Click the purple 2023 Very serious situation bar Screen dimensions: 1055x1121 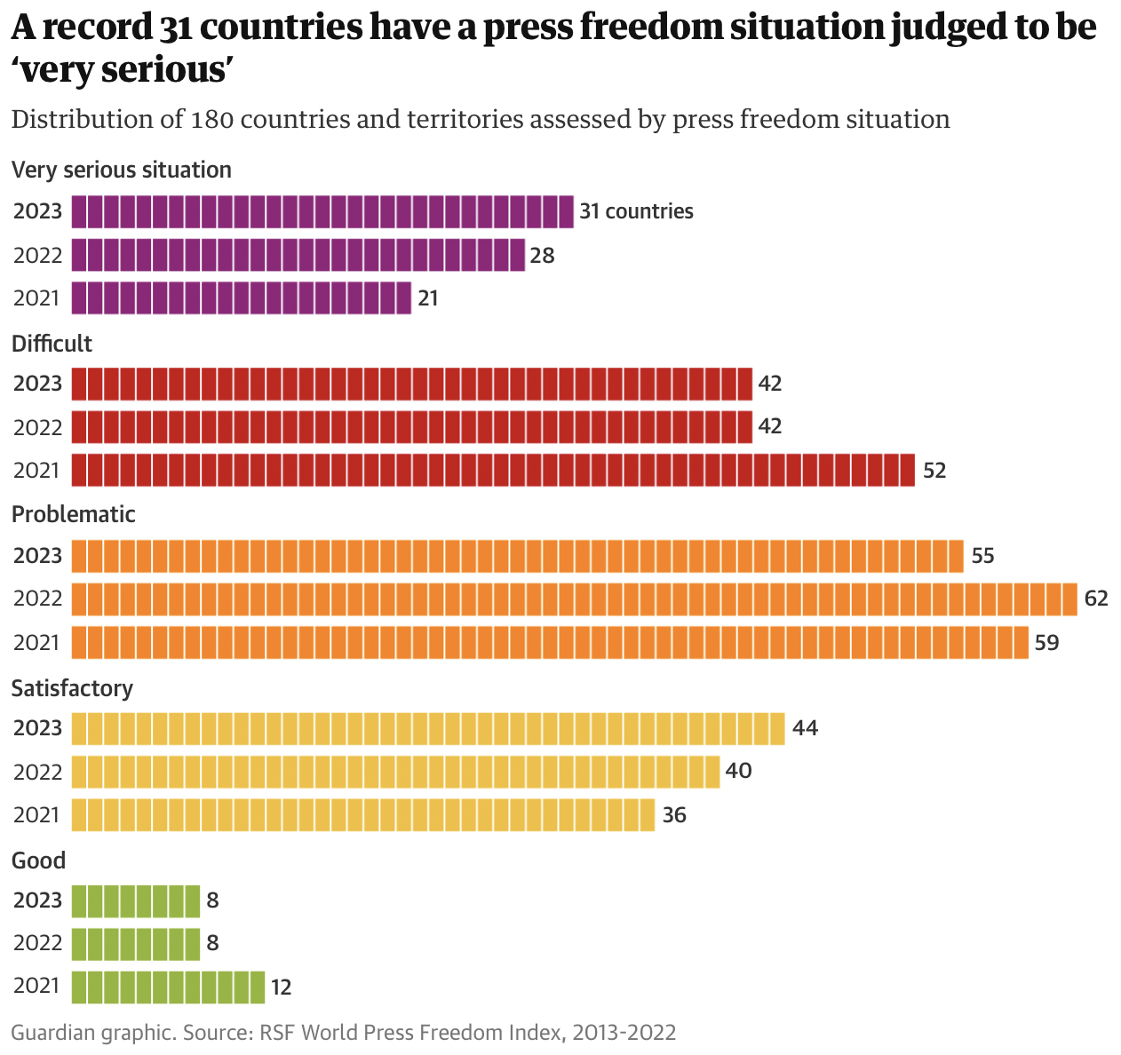pos(322,211)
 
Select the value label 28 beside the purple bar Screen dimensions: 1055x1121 pos(542,256)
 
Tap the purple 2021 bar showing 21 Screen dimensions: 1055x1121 pos(242,298)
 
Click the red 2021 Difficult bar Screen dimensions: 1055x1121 pos(493,470)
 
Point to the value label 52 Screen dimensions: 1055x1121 pos(934,471)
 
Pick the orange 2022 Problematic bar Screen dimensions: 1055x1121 pos(574,599)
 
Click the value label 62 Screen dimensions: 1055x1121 pos(1096,599)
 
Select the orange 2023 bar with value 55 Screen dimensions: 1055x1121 pos(517,556)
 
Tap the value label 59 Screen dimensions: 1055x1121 pos(1047,642)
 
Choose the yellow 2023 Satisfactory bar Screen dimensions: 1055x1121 pos(428,728)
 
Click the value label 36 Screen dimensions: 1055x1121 pos(674,814)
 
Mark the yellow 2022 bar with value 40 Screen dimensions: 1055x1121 pos(395,771)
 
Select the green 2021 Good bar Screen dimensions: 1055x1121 pos(168,987)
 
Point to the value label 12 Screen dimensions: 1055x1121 pos(281,987)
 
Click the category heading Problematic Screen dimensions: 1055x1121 pos(74,514)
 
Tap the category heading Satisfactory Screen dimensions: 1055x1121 pos(72,688)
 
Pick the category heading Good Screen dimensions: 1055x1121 pos(38,860)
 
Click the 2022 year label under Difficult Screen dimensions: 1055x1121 pos(37,427)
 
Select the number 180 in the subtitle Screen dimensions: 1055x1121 pos(211,119)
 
